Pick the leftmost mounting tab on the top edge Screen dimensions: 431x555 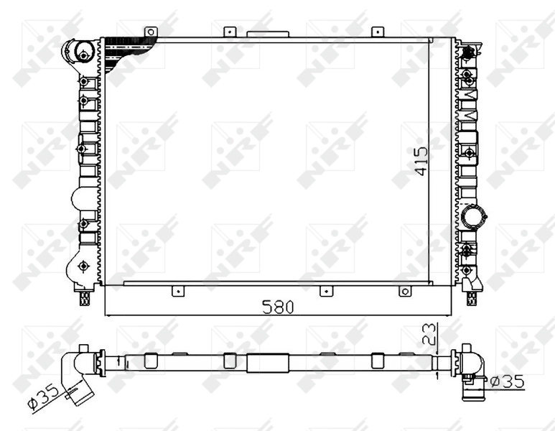150,32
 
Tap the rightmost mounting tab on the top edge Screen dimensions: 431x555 378,32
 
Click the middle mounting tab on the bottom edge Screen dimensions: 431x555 325,291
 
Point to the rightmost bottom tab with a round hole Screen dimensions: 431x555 405,291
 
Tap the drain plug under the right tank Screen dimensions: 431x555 472,297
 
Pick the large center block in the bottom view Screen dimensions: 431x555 267,362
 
